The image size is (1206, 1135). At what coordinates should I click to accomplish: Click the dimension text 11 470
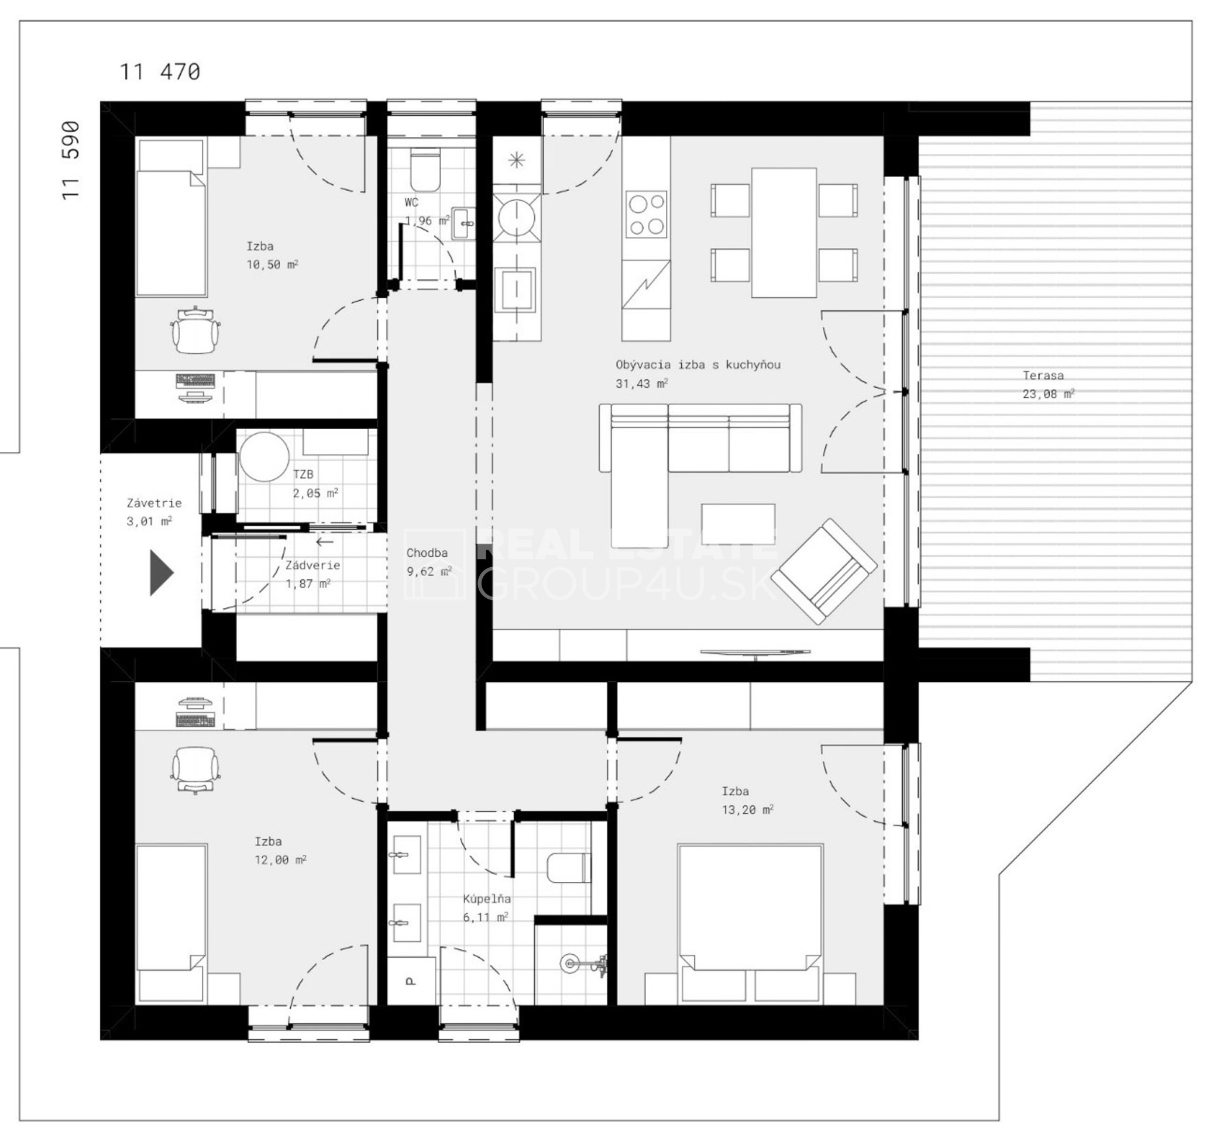click(160, 72)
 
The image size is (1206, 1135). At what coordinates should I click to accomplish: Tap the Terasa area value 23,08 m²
click(1048, 394)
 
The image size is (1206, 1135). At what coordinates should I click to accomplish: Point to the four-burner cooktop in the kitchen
click(646, 213)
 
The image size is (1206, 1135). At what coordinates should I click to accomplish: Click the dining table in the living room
click(783, 233)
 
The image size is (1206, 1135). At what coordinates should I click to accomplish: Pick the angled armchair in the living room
click(828, 571)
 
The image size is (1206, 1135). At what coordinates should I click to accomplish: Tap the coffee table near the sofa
click(738, 524)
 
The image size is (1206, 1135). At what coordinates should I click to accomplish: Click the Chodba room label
click(427, 553)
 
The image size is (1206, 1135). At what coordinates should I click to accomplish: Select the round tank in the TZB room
click(264, 457)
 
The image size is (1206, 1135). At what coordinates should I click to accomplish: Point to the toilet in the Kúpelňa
click(568, 868)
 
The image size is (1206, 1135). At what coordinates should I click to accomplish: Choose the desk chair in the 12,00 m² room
click(195, 770)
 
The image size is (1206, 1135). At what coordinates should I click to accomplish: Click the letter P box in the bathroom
click(411, 981)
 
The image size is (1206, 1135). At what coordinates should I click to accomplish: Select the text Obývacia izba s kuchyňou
click(698, 364)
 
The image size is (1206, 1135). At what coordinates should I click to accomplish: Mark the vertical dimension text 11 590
click(71, 161)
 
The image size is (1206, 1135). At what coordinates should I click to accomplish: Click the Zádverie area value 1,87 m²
click(308, 583)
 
